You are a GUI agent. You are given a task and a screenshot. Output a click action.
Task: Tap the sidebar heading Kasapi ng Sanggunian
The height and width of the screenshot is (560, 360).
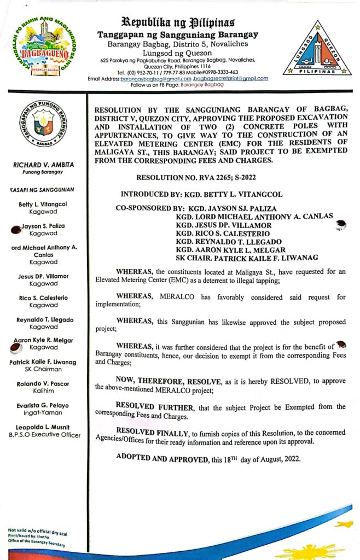pos(42,189)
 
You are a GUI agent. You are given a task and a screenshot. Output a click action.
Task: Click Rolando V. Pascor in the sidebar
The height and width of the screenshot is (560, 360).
pos(47,383)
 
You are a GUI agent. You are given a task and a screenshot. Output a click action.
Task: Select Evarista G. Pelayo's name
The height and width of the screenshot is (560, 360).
pos(47,405)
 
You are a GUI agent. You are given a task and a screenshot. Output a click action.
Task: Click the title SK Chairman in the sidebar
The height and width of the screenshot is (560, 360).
pos(47,369)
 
